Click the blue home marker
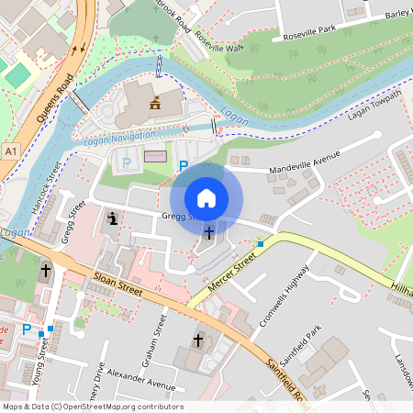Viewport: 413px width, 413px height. tap(206, 197)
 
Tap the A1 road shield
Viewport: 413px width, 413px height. tap(10, 149)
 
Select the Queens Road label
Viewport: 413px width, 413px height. tap(54, 98)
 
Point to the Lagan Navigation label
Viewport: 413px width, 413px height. tap(120, 136)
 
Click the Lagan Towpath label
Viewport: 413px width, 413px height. tap(374, 106)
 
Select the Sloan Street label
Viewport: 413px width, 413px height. tap(117, 281)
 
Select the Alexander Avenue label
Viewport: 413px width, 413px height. tap(140, 381)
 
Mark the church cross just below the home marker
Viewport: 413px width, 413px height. tap(208, 232)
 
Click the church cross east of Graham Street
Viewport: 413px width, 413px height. tap(197, 340)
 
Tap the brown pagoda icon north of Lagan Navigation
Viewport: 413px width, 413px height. tap(155, 103)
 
